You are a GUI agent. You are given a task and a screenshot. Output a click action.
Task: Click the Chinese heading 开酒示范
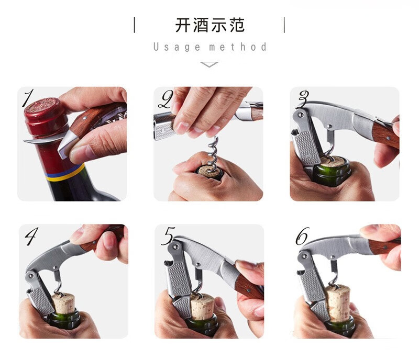coord(210,25)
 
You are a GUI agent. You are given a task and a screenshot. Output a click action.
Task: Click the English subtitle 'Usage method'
coord(210,47)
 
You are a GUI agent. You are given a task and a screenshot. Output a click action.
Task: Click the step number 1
coord(29,98)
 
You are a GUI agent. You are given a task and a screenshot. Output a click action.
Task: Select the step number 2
coord(166,99)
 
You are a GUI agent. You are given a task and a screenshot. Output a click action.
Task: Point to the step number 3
coord(303,99)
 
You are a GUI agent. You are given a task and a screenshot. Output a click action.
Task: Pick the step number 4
coord(31,236)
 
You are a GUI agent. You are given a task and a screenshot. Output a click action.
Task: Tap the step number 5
coord(168,236)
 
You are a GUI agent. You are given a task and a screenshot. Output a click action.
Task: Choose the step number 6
coord(303,236)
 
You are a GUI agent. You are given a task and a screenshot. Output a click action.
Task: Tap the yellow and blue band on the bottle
coord(64,173)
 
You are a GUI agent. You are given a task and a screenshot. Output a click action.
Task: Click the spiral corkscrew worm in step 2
coord(213,151)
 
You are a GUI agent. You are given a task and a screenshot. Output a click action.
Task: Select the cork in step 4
coord(63,303)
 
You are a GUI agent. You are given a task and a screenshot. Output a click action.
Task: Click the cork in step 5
coord(202,307)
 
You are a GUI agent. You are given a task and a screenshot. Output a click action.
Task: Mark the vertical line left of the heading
coord(135,25)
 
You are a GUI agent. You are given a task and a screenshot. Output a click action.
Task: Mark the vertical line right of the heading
coord(284,25)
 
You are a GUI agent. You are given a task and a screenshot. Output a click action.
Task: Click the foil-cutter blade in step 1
coord(44,140)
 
